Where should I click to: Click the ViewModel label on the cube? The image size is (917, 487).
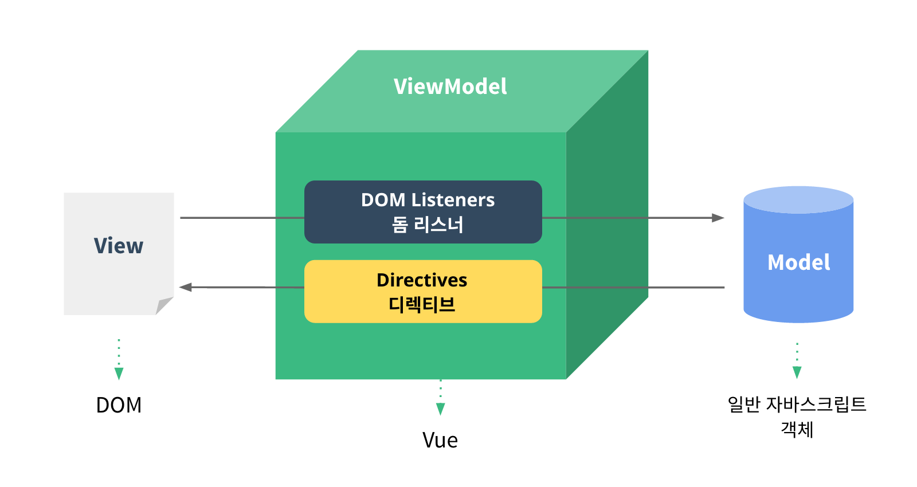[450, 87]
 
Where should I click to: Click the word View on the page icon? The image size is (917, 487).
[119, 246]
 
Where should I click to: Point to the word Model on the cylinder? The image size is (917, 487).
[798, 262]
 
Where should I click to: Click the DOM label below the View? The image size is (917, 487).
[119, 405]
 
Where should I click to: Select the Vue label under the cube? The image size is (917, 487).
[440, 440]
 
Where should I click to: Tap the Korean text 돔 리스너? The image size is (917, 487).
[428, 225]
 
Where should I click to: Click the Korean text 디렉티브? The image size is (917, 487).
[422, 304]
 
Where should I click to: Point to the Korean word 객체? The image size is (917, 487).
[797, 429]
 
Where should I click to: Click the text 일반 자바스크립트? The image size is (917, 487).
[797, 404]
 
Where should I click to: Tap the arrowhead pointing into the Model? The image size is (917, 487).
[718, 218]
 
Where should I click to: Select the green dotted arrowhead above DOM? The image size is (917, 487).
[119, 374]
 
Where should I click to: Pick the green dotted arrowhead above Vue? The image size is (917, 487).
[440, 409]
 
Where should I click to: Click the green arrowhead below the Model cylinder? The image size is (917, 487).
[797, 372]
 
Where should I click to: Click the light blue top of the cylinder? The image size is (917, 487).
[798, 199]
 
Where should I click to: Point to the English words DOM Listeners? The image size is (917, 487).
[428, 200]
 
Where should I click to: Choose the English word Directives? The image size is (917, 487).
[422, 280]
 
